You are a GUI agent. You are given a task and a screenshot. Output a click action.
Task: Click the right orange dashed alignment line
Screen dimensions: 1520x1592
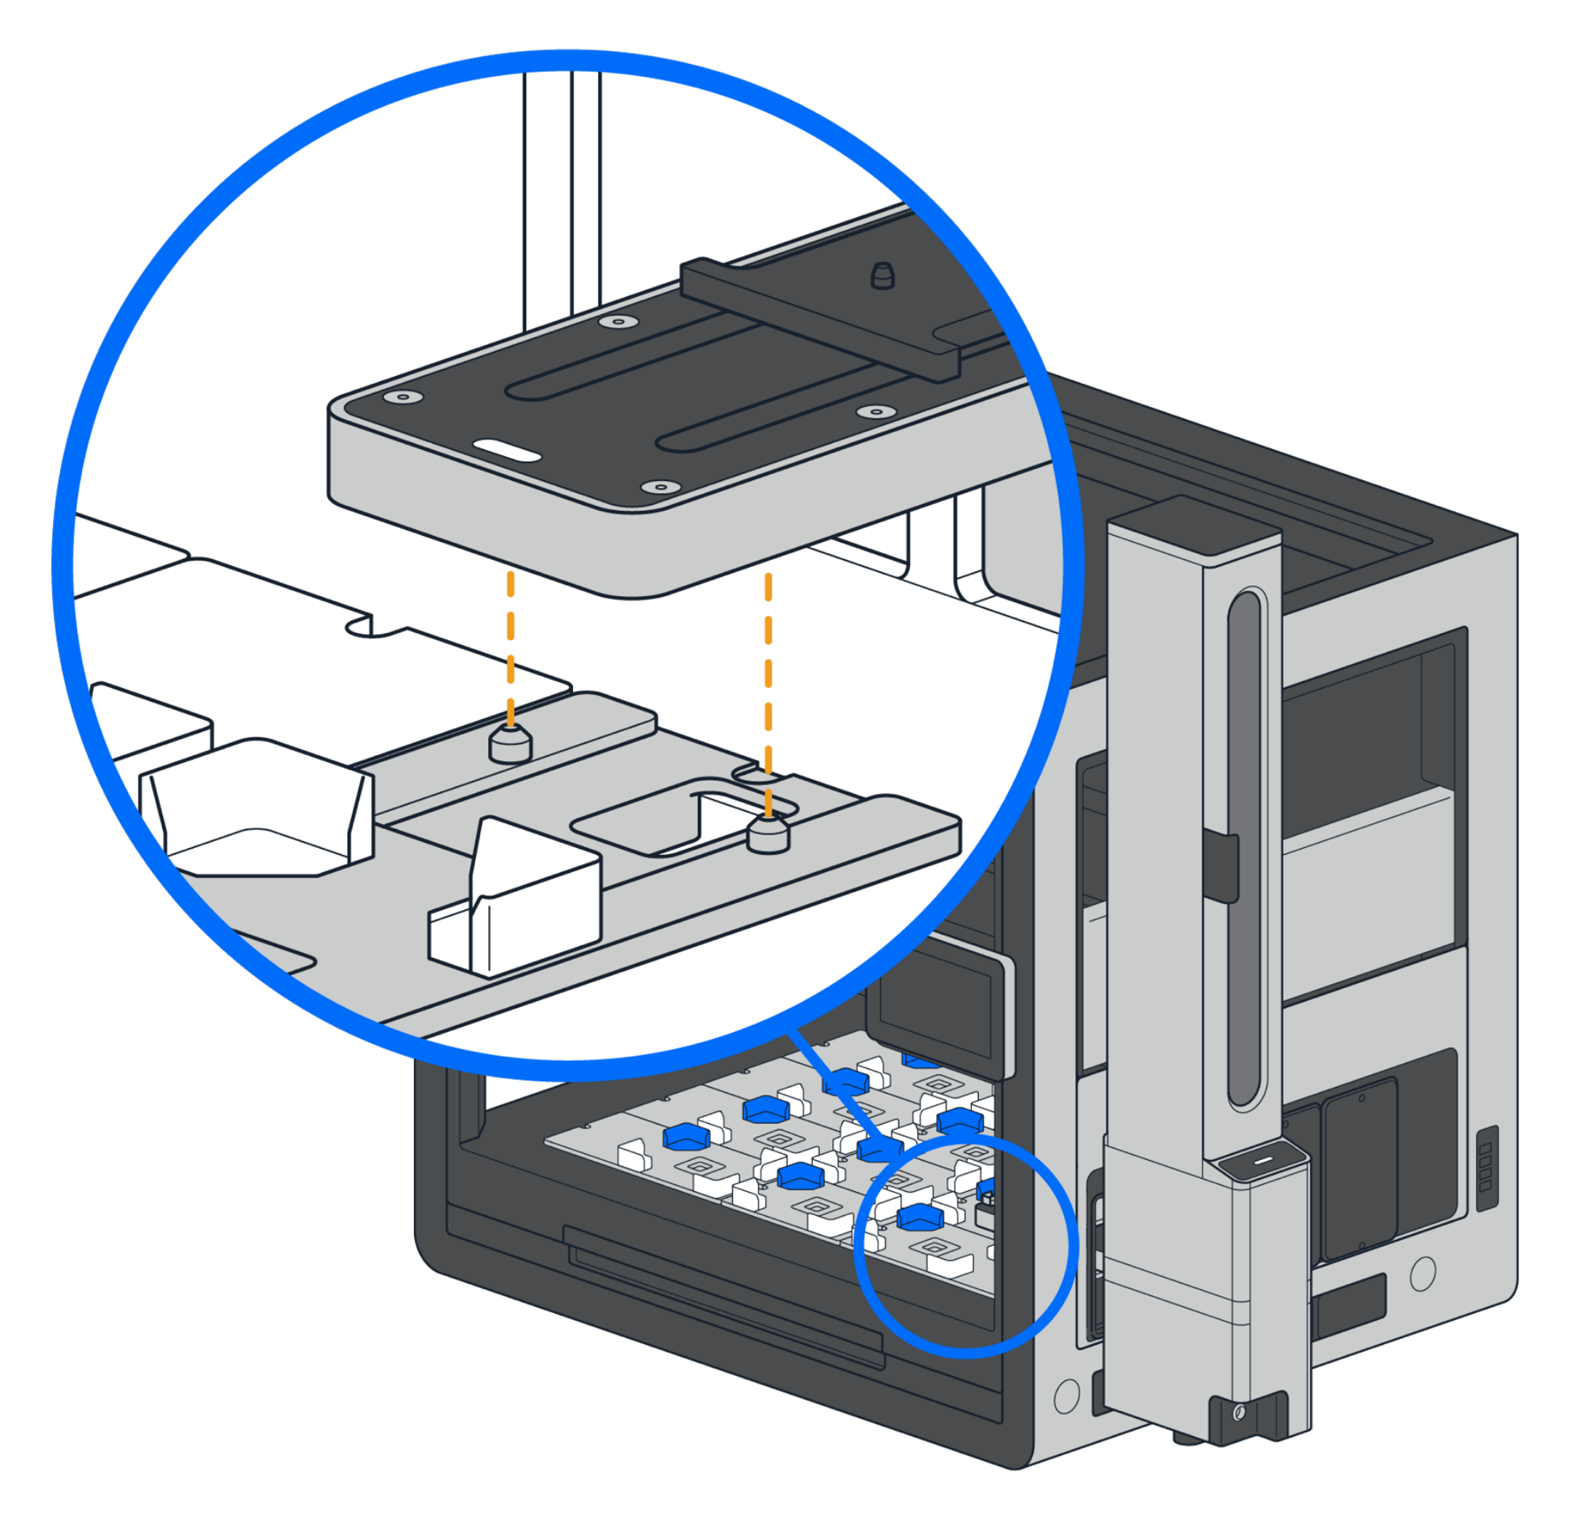[x=768, y=672]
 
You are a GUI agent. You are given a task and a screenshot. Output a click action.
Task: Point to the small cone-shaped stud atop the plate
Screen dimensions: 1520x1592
[x=882, y=276]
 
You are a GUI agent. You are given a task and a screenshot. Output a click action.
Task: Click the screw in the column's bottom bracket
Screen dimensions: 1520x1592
[x=1239, y=1413]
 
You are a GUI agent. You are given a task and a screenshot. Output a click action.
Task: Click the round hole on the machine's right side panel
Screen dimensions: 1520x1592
[x=1422, y=1273]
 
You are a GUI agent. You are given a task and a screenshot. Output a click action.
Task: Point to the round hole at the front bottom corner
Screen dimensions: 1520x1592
[x=1067, y=1395]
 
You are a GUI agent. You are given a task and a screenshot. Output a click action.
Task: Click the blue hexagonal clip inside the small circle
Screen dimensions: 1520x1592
[x=920, y=1218]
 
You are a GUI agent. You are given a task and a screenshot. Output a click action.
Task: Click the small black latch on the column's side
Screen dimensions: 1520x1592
[x=1221, y=867]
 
